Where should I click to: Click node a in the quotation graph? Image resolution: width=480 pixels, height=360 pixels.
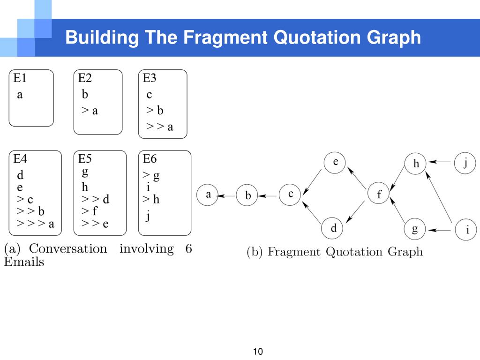coord(208,195)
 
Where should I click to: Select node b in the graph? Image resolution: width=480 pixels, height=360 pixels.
coord(248,195)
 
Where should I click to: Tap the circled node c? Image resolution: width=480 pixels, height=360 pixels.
coord(291,194)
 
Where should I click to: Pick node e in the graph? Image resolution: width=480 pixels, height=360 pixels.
coord(336,163)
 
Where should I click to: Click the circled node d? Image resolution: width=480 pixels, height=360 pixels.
coord(334,228)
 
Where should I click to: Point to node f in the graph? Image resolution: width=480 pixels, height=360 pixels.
coord(379,194)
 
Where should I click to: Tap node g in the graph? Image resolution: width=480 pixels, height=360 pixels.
coord(415,229)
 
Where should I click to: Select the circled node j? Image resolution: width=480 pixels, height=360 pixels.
coord(465,163)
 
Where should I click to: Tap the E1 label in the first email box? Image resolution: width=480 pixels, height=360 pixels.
coord(20,78)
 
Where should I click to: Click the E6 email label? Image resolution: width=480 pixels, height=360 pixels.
coord(150,158)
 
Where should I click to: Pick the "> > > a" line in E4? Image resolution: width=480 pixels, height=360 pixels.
coord(36,224)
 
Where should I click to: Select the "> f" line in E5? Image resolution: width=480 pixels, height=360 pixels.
coord(89,211)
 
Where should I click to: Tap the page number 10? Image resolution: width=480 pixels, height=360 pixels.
coord(258,352)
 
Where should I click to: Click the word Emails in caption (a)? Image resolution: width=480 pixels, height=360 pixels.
coord(24,262)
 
